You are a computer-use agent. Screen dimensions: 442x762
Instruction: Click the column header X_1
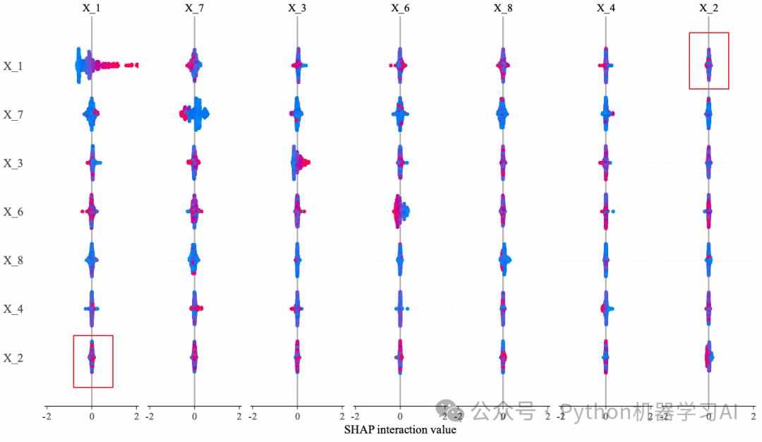92,8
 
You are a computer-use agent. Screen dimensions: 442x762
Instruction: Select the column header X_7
194,8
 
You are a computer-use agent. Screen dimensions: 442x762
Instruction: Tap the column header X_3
297,8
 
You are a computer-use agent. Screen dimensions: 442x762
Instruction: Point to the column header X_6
400,8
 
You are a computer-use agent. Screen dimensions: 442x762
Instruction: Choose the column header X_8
503,8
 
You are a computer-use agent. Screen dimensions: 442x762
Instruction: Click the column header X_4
606,8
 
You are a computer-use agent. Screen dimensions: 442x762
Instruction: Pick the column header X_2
709,8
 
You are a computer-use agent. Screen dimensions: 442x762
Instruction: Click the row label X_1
13,66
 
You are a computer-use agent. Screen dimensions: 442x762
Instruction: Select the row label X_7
13,114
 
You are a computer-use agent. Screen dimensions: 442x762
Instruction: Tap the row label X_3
13,163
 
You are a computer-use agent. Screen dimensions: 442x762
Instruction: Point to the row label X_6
13,212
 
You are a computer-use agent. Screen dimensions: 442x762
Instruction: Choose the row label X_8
13,261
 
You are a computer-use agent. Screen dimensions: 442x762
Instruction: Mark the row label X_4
13,309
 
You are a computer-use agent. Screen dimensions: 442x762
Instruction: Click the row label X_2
13,358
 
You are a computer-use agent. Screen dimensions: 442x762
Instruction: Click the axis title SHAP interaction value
400,429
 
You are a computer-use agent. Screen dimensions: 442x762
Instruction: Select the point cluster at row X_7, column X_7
194,114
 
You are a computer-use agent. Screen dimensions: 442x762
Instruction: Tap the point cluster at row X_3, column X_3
298,163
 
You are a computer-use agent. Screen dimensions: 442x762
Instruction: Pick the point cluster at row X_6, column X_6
400,211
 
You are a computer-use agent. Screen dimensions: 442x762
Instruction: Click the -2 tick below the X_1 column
47,417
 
